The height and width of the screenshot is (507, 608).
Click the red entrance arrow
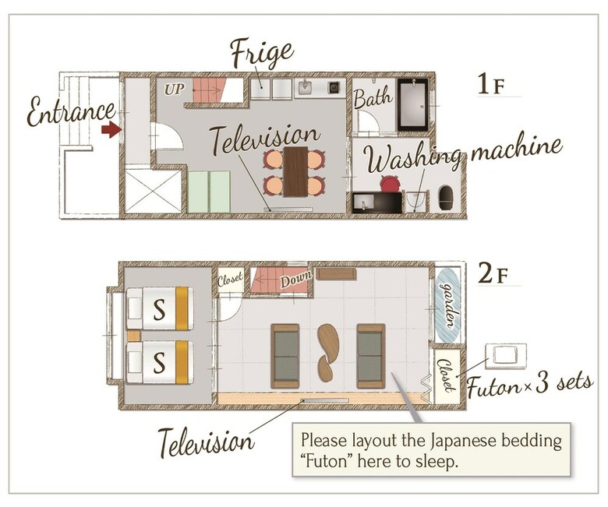click(111, 129)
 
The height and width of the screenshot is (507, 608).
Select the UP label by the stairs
click(174, 90)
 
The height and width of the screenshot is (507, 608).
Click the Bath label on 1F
click(373, 97)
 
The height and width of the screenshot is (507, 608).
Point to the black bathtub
click(413, 105)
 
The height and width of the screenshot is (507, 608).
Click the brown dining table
click(295, 171)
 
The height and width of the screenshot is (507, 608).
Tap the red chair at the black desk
click(390, 183)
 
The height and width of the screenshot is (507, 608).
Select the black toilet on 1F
click(445, 198)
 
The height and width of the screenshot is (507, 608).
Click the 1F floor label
click(491, 84)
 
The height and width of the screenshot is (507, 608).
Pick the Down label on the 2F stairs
click(296, 280)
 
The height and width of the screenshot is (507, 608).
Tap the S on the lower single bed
click(159, 362)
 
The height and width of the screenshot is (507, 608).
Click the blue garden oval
click(448, 305)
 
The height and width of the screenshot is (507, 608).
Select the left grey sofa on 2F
click(285, 356)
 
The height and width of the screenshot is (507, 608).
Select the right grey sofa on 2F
click(371, 356)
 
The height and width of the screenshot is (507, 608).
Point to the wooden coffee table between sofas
click(327, 352)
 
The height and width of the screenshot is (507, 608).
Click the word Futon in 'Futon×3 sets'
click(493, 387)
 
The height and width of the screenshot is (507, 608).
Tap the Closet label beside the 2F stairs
click(230, 279)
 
